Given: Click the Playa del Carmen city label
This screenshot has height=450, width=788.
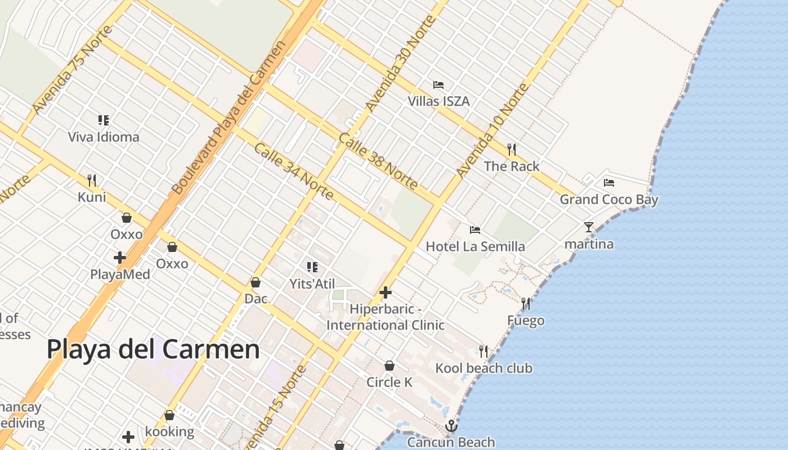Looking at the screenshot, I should point(153,349).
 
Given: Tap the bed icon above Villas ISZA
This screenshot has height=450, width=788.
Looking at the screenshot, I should point(438,85).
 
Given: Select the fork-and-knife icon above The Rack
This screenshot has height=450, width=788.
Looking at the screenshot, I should point(511,149).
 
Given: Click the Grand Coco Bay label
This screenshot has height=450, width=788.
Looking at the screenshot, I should point(608,199).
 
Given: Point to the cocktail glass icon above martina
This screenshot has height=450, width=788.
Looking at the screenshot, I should point(589,227).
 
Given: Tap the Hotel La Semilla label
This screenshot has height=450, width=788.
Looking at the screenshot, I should point(475,246).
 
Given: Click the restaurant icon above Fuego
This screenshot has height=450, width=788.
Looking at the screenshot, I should point(526,304).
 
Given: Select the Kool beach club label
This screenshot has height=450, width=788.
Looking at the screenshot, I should point(483,368).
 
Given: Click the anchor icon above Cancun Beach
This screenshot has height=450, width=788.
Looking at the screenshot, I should point(451,426).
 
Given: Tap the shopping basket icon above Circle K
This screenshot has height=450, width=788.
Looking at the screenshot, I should point(389,366).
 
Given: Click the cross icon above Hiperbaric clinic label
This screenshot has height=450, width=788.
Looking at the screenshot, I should point(386,292).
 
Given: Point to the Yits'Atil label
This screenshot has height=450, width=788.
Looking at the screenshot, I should point(312,283).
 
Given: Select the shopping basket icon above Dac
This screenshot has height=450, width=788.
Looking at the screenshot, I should point(256,282).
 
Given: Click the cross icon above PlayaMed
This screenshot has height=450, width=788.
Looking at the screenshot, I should point(120,258).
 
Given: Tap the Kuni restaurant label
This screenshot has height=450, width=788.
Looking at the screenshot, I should point(92,197).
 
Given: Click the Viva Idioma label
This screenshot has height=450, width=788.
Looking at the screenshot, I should point(104,137).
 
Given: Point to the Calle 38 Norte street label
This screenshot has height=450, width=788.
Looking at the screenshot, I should point(378,161).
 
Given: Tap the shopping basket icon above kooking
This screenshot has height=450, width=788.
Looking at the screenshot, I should point(169,415).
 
